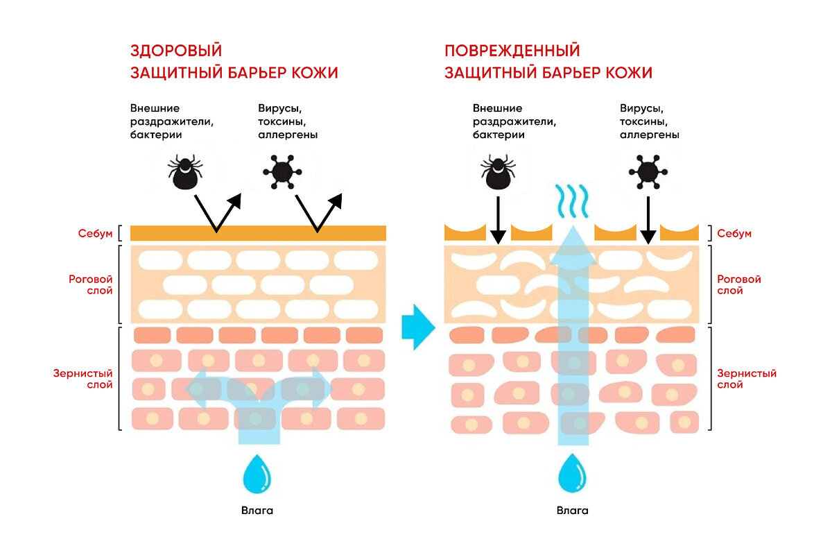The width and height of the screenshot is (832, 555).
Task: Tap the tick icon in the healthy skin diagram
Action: [184, 171]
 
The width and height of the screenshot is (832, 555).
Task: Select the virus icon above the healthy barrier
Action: [281, 171]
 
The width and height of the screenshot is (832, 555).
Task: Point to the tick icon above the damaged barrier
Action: [498, 171]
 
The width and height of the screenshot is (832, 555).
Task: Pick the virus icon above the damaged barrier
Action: [648, 171]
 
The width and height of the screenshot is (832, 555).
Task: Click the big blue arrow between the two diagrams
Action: [418, 326]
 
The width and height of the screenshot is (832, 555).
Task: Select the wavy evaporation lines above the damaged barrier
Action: [572, 200]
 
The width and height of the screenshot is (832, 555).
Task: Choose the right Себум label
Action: [734, 233]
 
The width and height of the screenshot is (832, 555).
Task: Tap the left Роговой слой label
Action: [90, 284]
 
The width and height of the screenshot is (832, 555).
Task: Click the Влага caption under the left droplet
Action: [258, 511]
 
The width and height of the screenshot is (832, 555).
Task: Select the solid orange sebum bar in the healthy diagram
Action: [258, 233]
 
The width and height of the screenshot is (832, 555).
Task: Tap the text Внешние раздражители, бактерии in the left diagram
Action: [172, 121]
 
